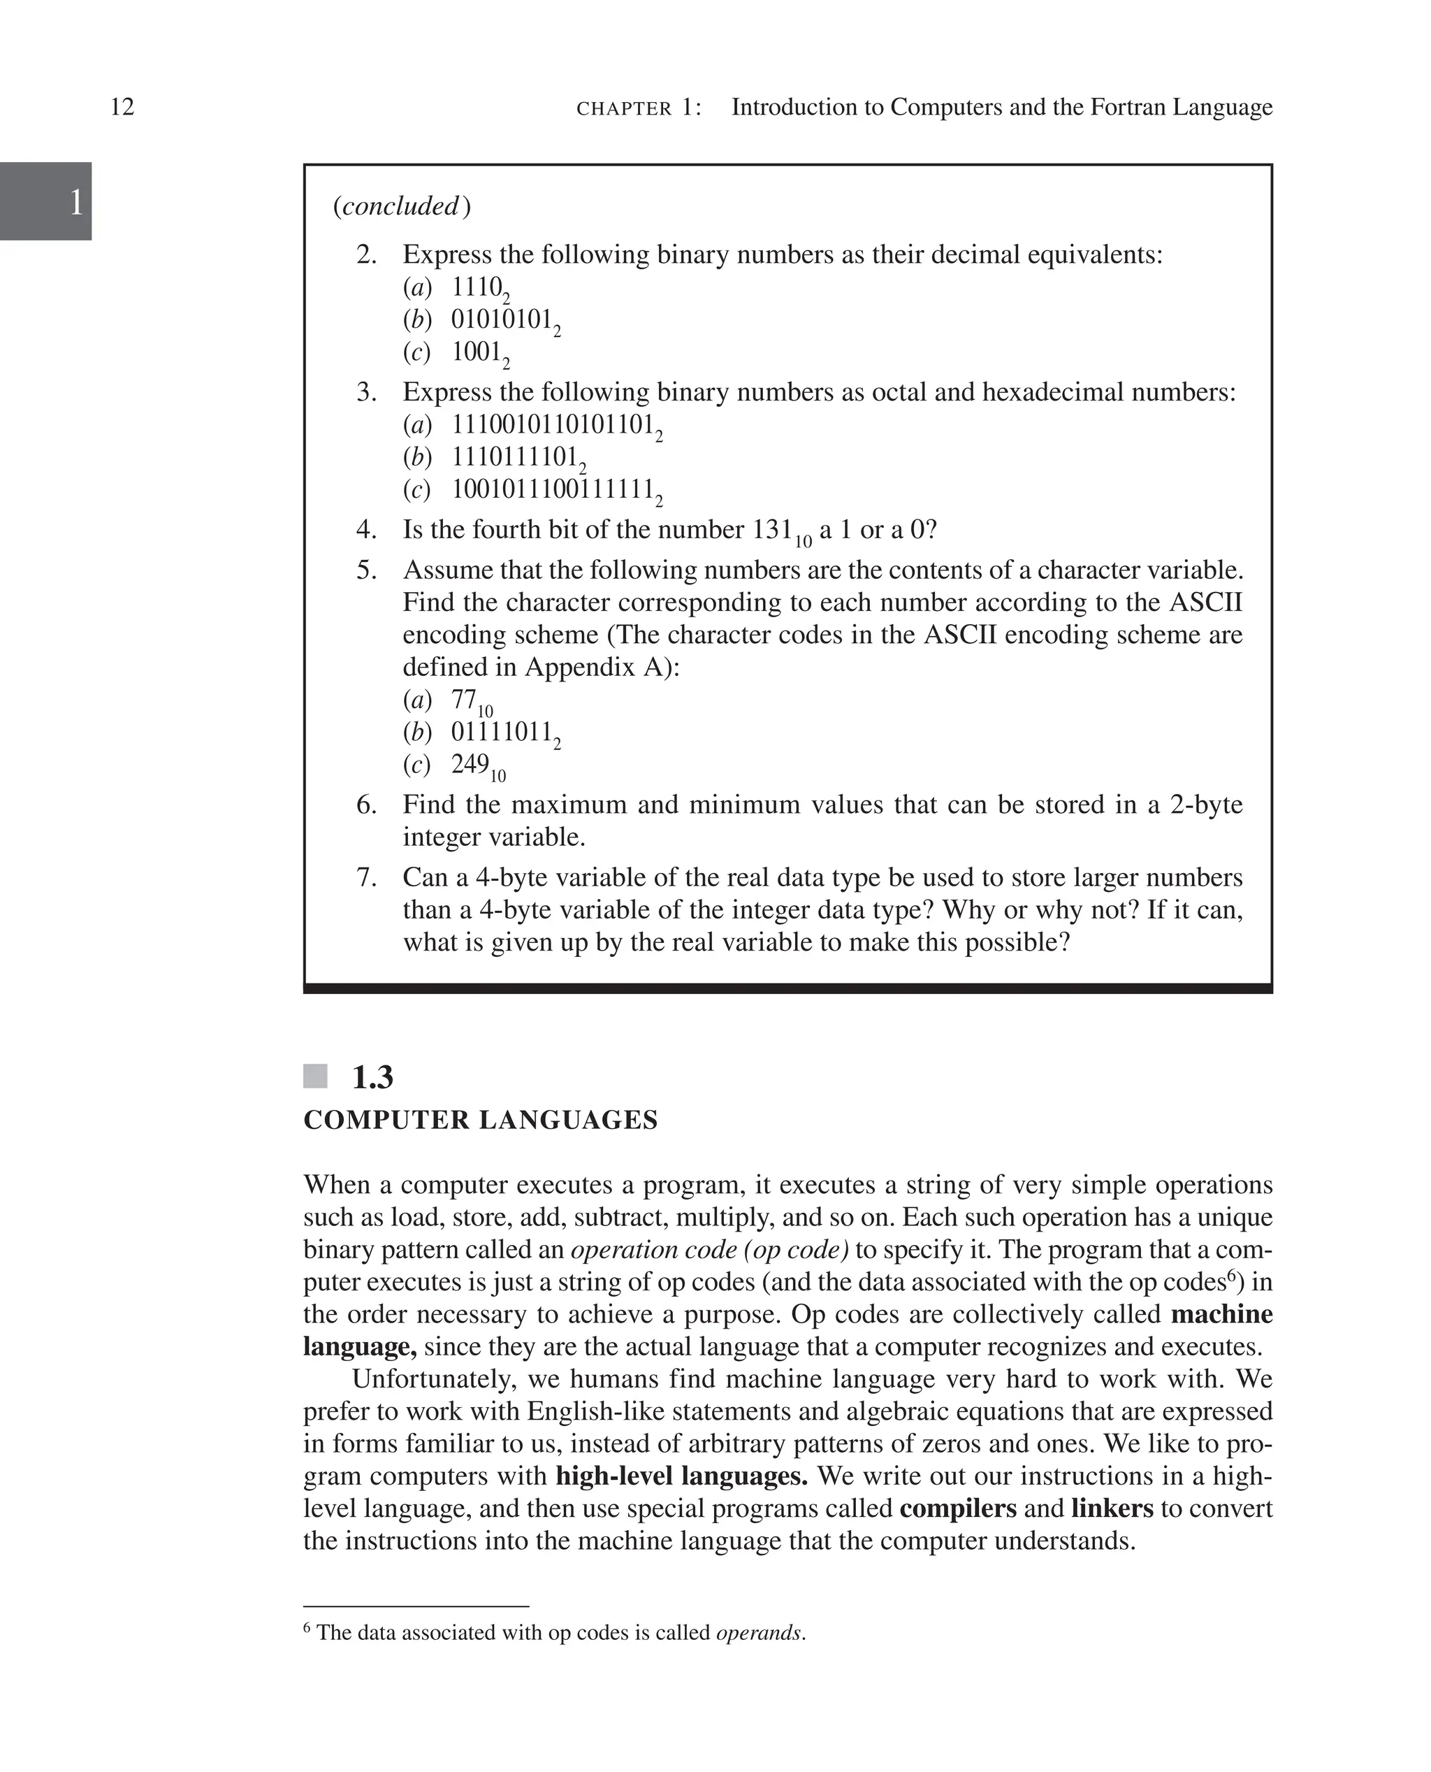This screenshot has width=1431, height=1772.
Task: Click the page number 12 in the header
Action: [122, 107]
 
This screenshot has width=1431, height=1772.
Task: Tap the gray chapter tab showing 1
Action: [45, 201]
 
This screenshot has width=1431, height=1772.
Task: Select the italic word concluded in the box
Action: [400, 206]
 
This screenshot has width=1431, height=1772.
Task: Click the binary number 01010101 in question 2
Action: [501, 319]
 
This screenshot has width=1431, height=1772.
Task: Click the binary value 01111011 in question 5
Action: [501, 731]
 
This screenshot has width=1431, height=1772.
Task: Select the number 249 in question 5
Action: [470, 765]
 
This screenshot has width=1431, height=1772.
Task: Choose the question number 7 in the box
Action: [366, 877]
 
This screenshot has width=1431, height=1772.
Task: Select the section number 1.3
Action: [372, 1078]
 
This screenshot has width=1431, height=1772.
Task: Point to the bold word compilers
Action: [958, 1508]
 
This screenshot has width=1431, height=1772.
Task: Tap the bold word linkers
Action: [1112, 1508]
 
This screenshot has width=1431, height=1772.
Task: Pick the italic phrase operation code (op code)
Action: [710, 1250]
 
